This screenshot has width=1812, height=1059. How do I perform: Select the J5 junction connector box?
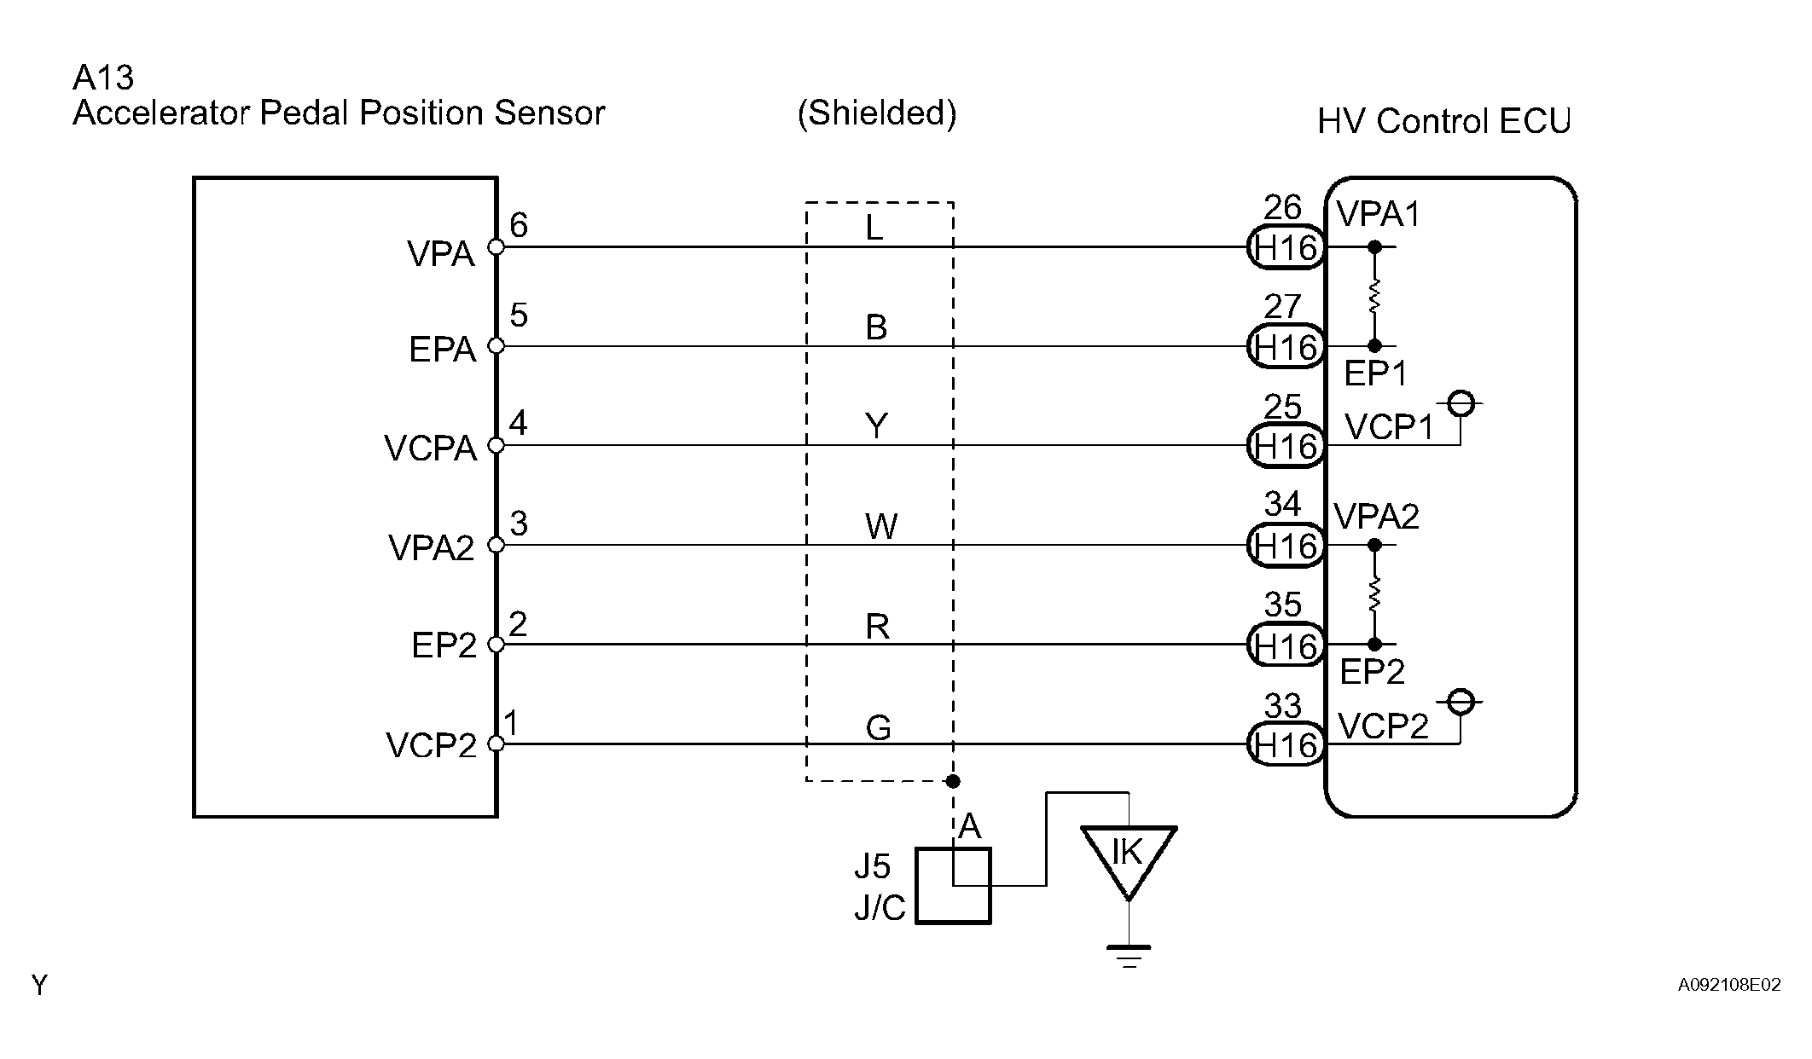pos(953,886)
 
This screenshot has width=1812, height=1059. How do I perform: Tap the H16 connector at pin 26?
pos(1286,248)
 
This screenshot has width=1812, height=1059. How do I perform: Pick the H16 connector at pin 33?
pos(1286,745)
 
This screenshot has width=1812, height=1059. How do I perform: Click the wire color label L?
pos(874,228)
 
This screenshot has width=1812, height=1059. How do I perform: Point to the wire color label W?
pos(880,528)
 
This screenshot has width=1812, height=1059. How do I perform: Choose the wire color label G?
pos(878,727)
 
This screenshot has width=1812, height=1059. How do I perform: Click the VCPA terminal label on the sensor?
pos(430,448)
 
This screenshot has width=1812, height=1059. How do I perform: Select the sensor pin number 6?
pos(519,225)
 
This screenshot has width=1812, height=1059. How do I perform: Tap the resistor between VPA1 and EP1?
pos(1374,297)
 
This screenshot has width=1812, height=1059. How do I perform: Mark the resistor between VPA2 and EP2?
pos(1374,594)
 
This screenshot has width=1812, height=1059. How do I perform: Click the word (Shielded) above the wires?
pos(877,113)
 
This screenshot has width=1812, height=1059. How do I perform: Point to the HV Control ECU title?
pos(1443,122)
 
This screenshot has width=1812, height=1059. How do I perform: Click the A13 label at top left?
pos(103,78)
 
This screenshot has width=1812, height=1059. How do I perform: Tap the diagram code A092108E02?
pos(1729,986)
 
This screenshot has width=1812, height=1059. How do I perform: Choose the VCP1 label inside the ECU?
pos(1389,427)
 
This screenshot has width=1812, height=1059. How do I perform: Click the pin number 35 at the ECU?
pos(1282,605)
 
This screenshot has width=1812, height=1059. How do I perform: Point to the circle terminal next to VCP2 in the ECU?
pos(1461,702)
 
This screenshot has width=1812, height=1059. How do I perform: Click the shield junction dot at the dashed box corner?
pos(954,781)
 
